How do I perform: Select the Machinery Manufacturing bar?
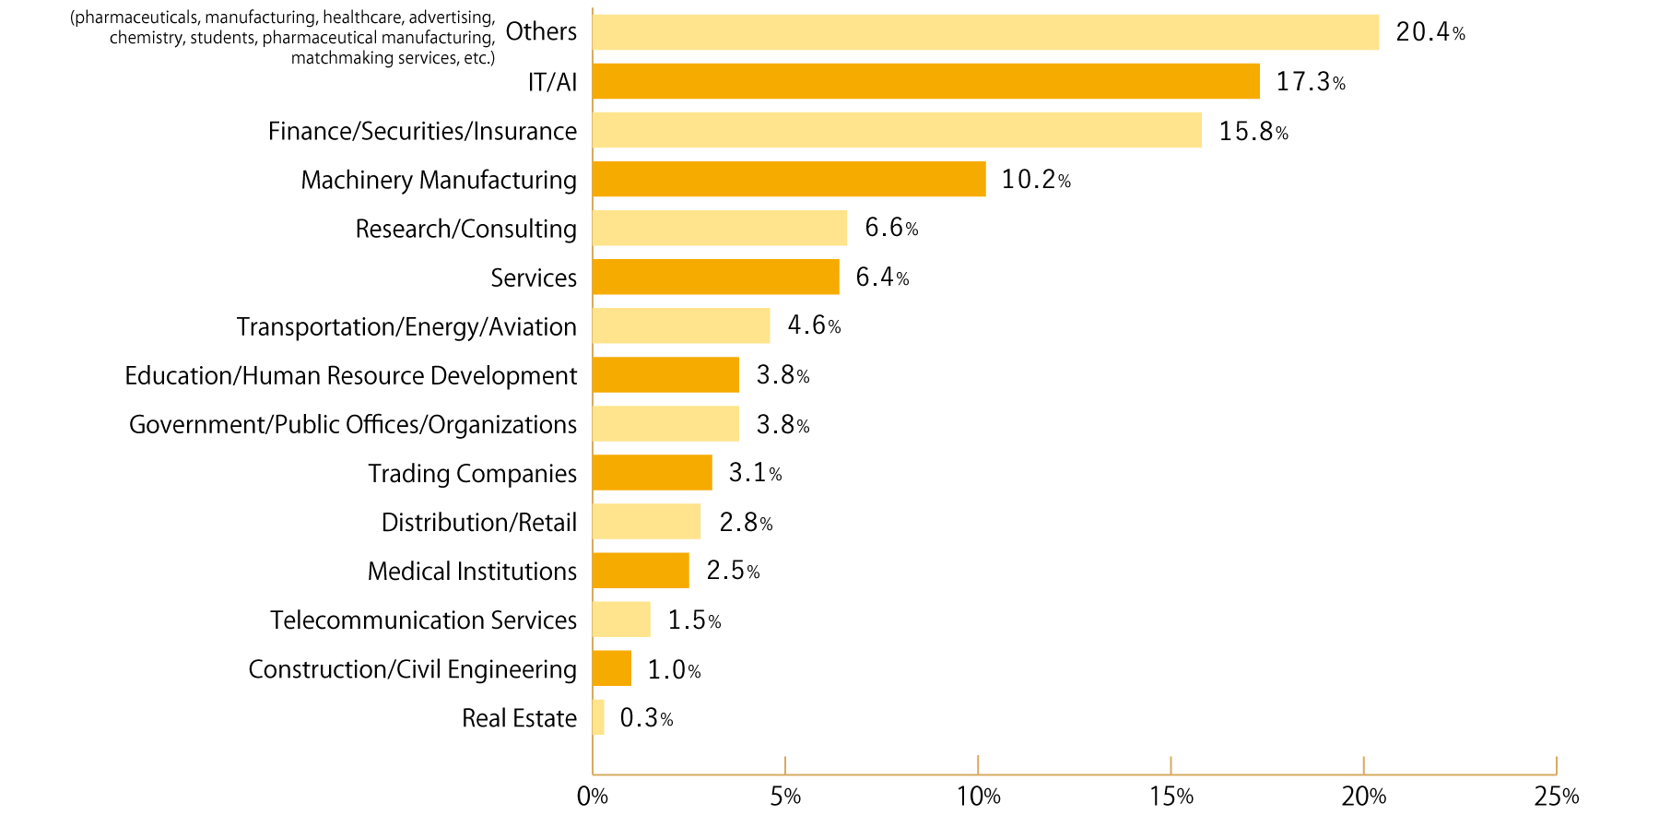tap(789, 179)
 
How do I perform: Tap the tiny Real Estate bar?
tap(598, 717)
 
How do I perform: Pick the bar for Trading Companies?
tap(653, 473)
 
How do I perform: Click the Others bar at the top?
tap(985, 32)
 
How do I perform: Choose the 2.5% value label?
tap(733, 571)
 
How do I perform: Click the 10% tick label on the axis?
tap(978, 797)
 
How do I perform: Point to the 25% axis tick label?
tap(1556, 797)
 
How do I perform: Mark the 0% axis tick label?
tap(592, 797)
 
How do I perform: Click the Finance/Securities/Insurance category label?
tap(422, 131)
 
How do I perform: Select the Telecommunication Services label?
tap(423, 620)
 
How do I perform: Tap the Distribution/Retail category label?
tap(479, 522)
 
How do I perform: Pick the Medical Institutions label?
tap(472, 571)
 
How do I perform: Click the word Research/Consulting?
tap(465, 229)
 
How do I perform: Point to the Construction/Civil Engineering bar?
tap(612, 668)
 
